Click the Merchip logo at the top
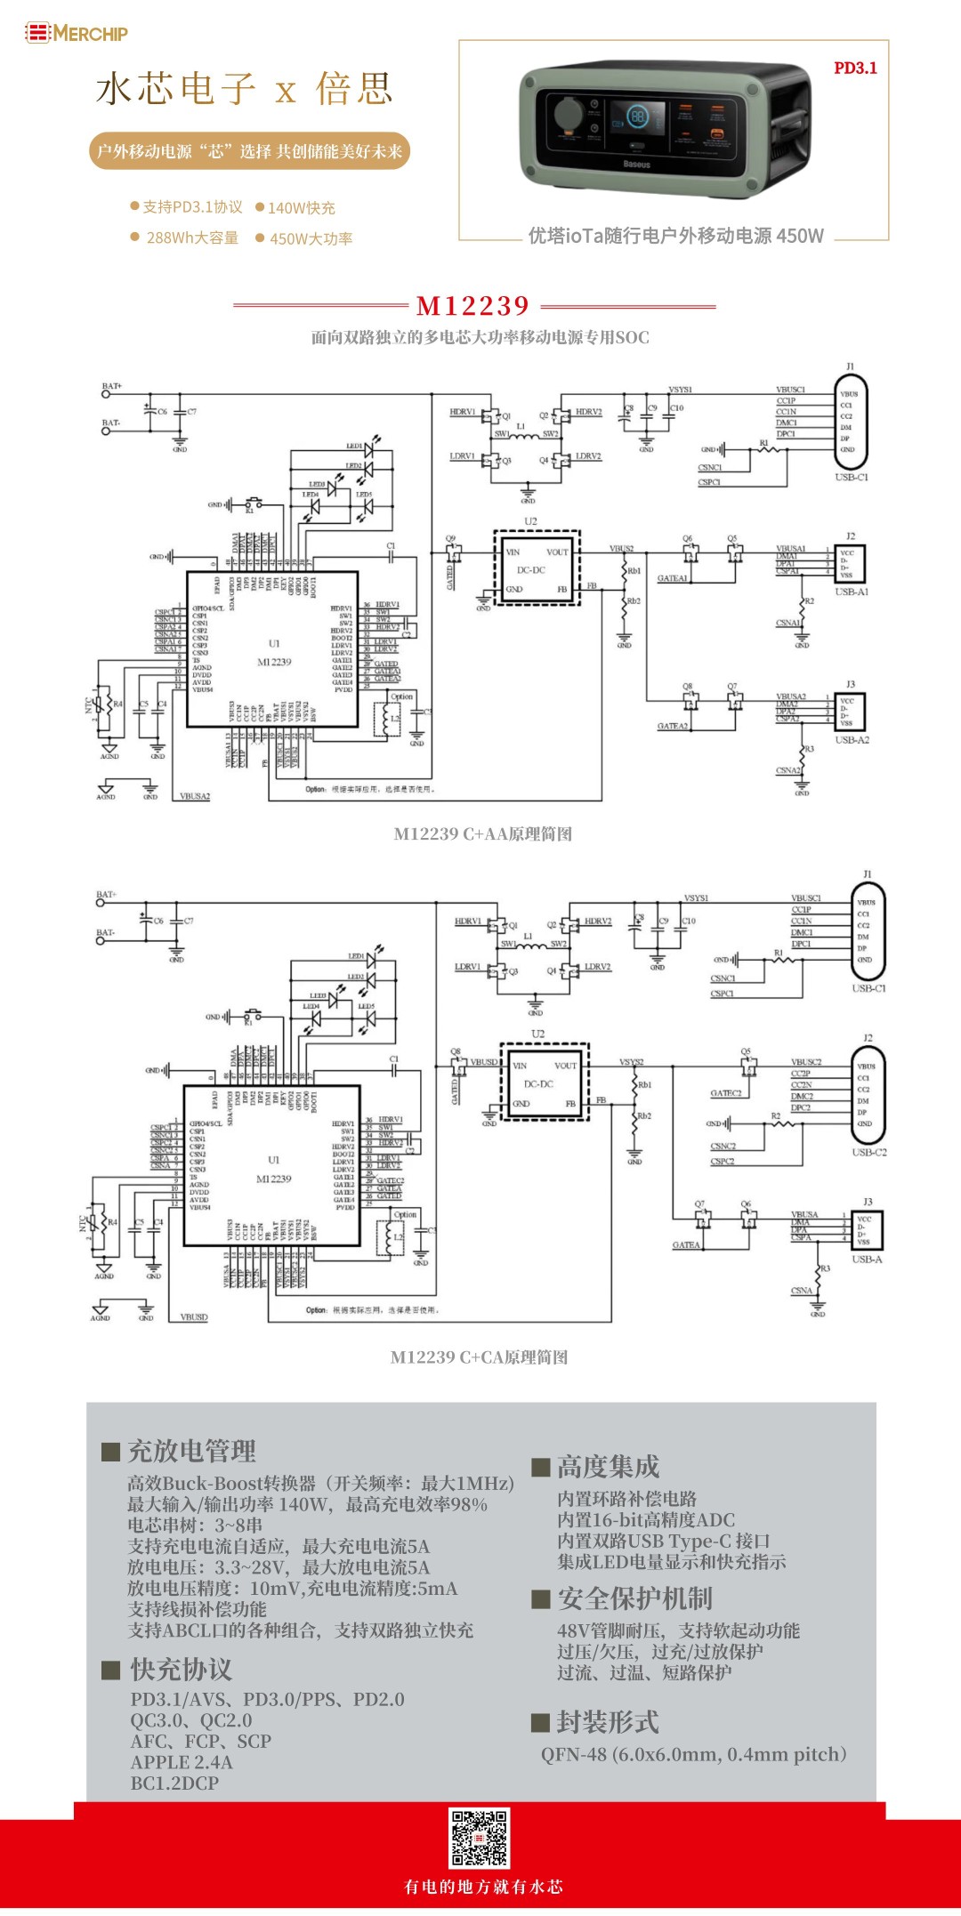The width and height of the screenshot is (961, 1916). click(x=77, y=33)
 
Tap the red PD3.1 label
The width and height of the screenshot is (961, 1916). click(x=855, y=68)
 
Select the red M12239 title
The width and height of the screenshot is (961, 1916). click(x=473, y=306)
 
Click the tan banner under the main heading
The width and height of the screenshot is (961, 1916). click(x=249, y=151)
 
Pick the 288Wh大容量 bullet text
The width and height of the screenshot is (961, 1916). click(x=192, y=237)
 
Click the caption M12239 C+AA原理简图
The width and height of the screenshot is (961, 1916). click(x=482, y=833)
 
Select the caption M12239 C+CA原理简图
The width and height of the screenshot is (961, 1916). click(x=479, y=1356)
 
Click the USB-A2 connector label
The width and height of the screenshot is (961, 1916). click(x=852, y=740)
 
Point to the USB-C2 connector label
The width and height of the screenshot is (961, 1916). click(x=868, y=1152)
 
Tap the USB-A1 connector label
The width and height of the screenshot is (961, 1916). click(x=852, y=592)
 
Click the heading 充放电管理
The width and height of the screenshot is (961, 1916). click(x=191, y=1451)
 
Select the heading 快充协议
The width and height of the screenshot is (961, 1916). click(x=181, y=1669)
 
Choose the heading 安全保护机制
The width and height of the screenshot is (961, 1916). click(x=634, y=1598)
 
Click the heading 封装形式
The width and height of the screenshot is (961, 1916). click(x=608, y=1722)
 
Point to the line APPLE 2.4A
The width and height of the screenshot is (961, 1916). click(x=182, y=1762)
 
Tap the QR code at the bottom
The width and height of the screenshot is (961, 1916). click(x=479, y=1838)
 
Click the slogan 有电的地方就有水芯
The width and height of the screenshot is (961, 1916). click(x=483, y=1886)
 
